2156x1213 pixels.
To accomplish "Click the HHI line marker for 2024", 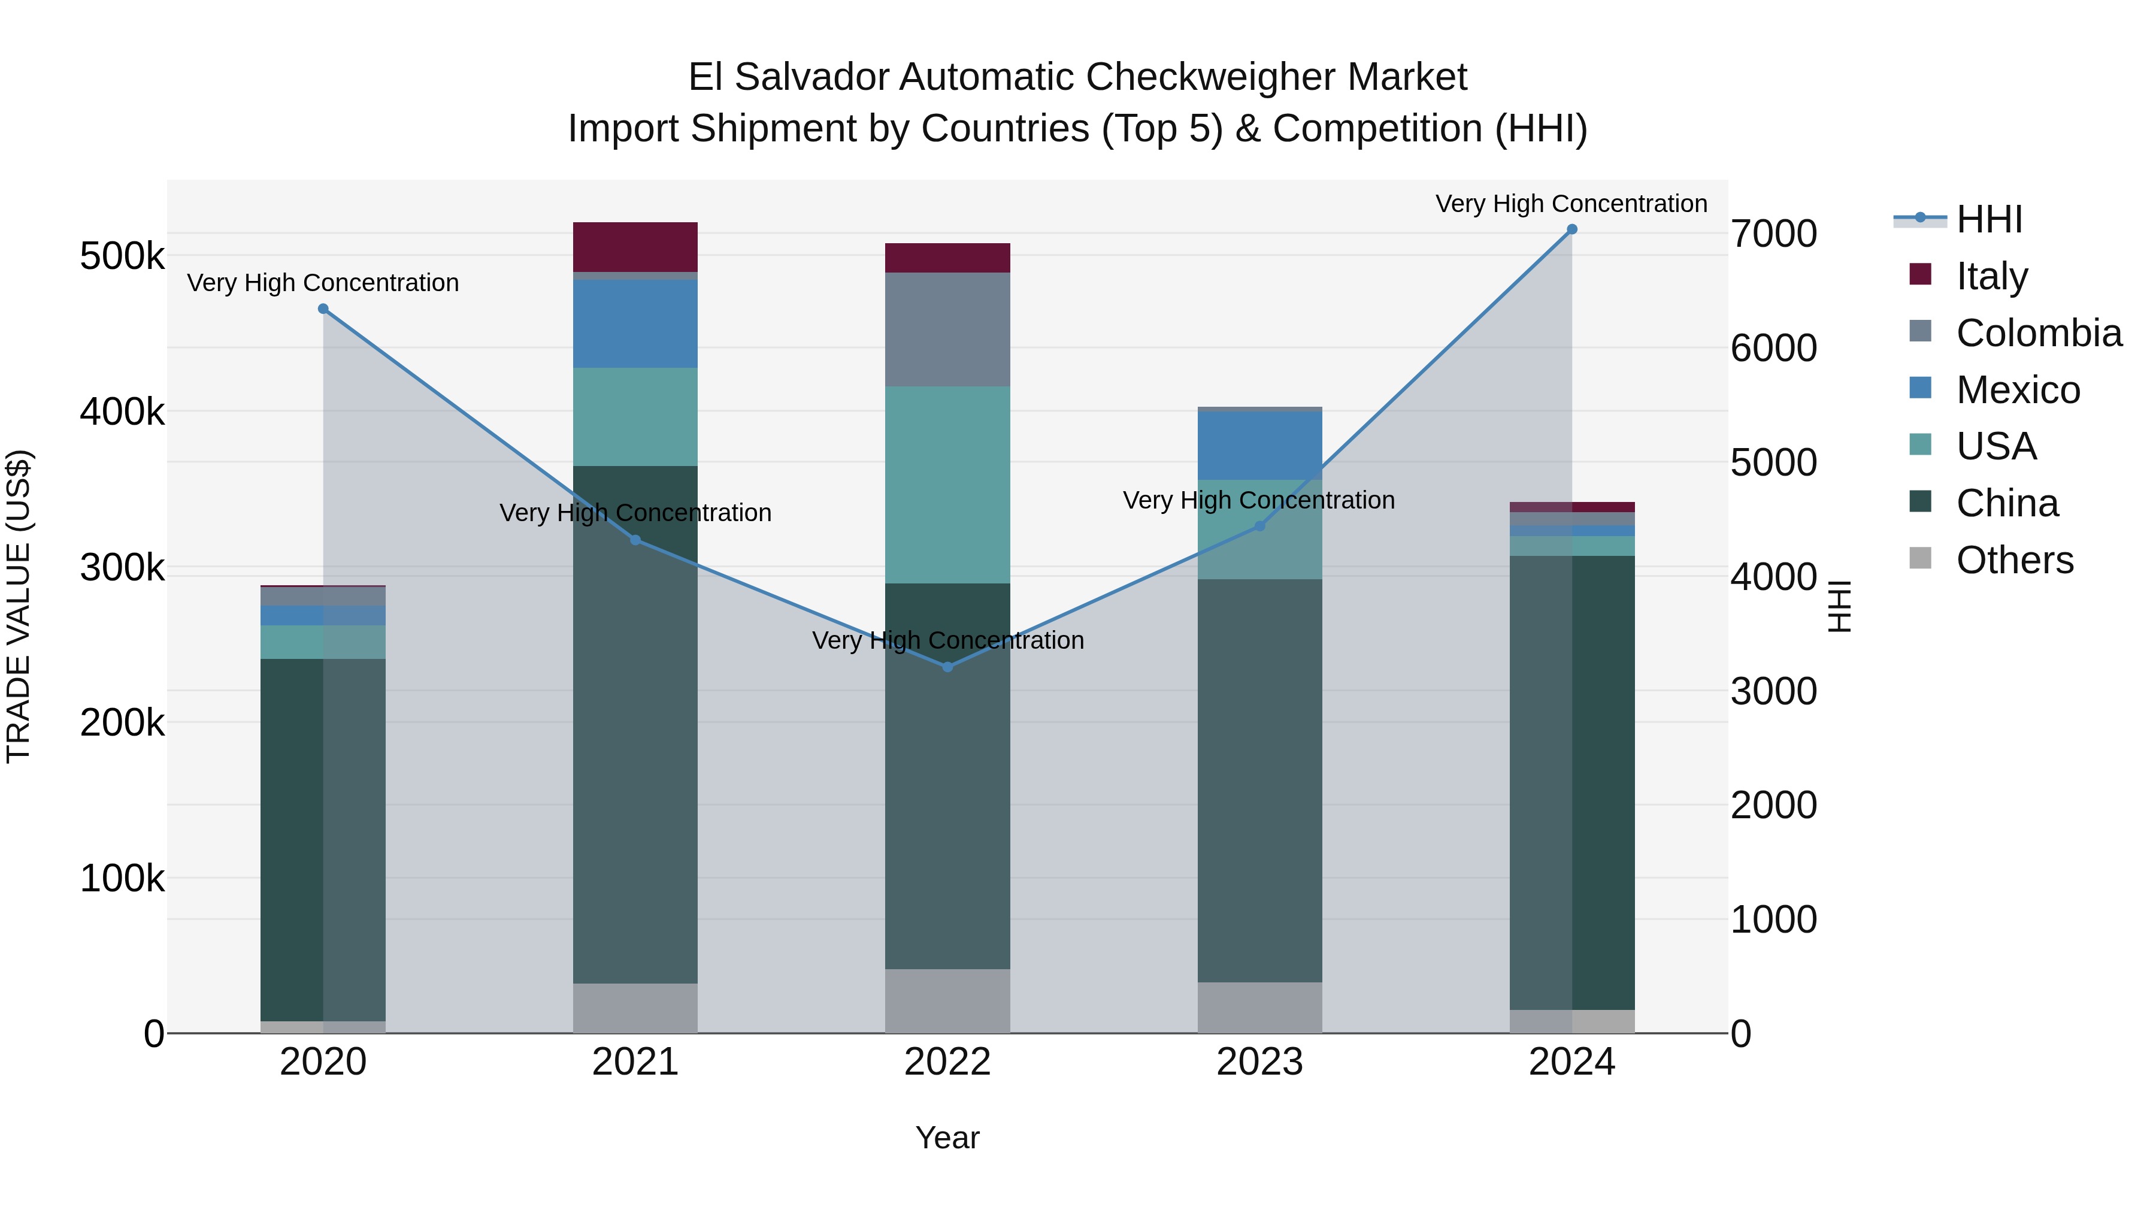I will pos(1572,229).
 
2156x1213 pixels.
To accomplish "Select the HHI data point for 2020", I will pos(323,309).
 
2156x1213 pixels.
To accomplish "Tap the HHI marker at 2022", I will pos(947,667).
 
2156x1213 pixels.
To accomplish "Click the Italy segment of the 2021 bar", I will pos(635,247).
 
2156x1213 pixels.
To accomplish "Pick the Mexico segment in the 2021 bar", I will pos(635,324).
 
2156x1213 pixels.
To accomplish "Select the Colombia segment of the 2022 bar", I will pos(947,329).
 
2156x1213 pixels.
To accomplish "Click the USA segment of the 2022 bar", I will pos(947,485).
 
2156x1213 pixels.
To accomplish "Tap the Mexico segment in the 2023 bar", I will pos(1259,444).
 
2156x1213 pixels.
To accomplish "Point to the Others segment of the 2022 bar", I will pos(947,1000).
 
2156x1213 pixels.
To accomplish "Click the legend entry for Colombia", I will pos(2038,333).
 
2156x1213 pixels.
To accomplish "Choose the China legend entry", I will pos(2006,503).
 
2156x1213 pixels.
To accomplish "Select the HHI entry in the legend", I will pos(1988,219).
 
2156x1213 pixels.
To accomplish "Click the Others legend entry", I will pos(2013,560).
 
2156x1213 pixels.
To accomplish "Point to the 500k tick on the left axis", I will pos(122,256).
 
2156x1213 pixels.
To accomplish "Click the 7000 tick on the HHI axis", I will pos(1773,234).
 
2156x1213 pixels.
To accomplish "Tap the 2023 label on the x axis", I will pos(1259,1062).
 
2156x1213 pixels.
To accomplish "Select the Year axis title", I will pos(947,1138).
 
